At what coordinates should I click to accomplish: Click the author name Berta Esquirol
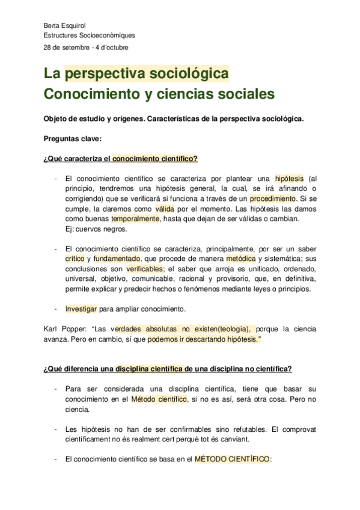64,25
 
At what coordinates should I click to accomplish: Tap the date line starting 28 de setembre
86,47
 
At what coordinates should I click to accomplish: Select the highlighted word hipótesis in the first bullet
290,179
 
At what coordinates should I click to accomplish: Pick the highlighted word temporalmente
135,218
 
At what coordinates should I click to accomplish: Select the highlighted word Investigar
81,309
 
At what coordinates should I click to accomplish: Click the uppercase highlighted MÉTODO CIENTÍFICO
233,458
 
